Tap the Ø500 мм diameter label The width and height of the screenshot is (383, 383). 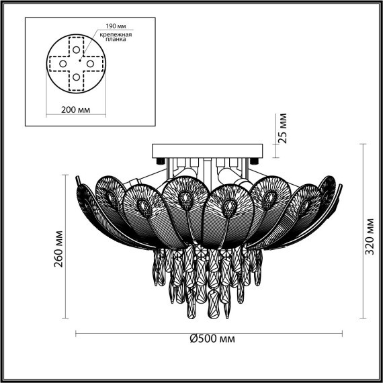[211, 338]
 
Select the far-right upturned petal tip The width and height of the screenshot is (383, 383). [340, 177]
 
